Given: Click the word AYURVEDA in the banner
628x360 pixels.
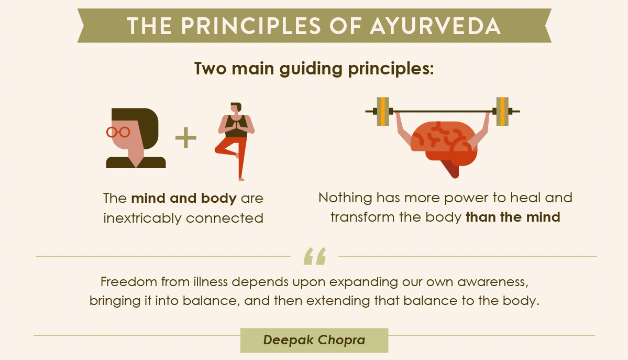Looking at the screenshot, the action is [x=435, y=26].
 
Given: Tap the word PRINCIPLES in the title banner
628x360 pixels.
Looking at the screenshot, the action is [x=251, y=26].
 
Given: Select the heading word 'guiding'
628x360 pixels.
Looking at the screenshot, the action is [x=311, y=69].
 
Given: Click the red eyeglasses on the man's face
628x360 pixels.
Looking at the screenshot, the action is [x=118, y=132].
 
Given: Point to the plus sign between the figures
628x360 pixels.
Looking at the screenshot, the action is [x=186, y=138].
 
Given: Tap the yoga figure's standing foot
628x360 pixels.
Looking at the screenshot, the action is [x=241, y=179].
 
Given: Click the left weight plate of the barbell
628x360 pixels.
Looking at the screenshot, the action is [x=383, y=111].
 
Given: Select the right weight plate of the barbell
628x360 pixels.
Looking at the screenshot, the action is [x=502, y=111].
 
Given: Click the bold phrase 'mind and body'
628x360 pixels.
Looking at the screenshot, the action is [x=184, y=198].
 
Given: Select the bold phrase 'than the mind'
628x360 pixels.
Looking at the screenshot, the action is [x=513, y=217].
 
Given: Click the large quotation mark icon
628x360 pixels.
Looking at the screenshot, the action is [x=315, y=256].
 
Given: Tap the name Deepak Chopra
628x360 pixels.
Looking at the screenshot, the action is [x=314, y=340].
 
